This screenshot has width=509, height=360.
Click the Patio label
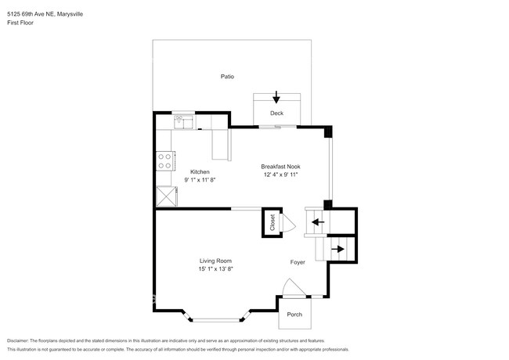click(227, 77)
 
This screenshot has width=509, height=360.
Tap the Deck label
click(276, 113)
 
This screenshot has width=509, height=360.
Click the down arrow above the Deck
click(276, 98)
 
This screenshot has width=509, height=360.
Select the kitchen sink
click(182, 121)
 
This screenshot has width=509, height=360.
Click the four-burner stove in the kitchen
click(165, 161)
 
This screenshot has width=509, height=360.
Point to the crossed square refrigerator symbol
click(166, 196)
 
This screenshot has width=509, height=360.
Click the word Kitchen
click(200, 172)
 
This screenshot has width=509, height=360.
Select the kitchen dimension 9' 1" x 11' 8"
click(200, 180)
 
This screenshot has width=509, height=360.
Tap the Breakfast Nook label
click(281, 167)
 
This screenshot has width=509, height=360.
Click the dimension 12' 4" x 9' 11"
click(281, 175)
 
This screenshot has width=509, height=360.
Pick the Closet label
click(273, 222)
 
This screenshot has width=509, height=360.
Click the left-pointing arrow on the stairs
click(318, 222)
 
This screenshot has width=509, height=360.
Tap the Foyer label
click(298, 262)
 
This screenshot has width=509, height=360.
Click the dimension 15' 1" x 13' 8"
click(216, 269)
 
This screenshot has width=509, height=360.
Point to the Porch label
click(294, 315)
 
